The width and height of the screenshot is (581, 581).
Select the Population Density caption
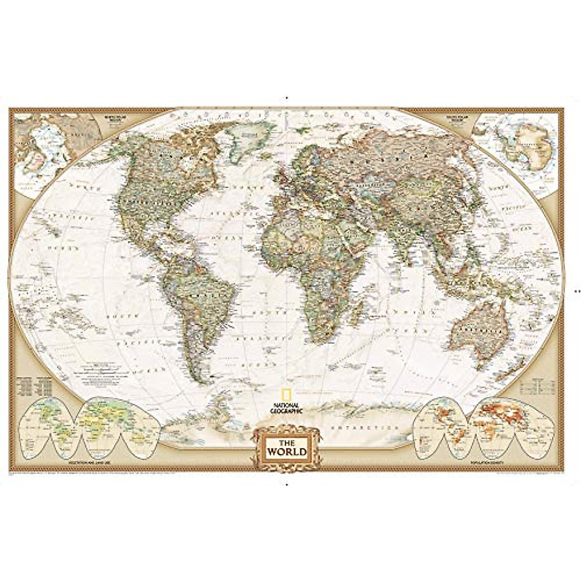(x=486, y=464)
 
